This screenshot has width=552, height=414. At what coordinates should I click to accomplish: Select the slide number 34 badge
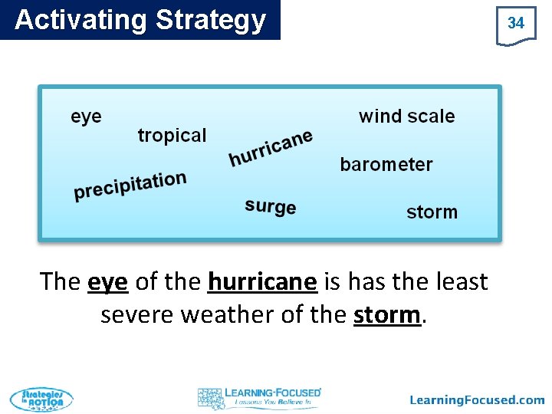coord(516,24)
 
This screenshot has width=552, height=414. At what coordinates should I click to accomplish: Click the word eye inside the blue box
coord(86,117)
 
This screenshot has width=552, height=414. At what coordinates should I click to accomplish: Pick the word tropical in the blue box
coord(172,136)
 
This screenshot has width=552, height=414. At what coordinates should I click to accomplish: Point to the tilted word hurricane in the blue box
coord(271,147)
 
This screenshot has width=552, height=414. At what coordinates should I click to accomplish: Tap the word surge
coord(271,206)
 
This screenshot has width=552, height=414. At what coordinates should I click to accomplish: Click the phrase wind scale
coord(406,117)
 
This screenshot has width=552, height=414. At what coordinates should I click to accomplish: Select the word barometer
coord(386,165)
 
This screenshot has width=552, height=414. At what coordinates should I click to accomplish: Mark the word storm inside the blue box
coord(432,212)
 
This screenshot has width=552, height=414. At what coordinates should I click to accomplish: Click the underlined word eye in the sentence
coord(107,282)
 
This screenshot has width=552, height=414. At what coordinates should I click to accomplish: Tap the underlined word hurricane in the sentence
coord(262,282)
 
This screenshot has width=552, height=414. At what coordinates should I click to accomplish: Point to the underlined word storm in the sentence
coord(387,314)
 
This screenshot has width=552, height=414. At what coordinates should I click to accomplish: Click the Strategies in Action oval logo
coord(41,399)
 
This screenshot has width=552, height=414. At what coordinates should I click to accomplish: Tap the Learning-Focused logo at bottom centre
coord(259,397)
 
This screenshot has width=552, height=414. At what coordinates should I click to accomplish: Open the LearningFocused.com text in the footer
coord(477,399)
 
